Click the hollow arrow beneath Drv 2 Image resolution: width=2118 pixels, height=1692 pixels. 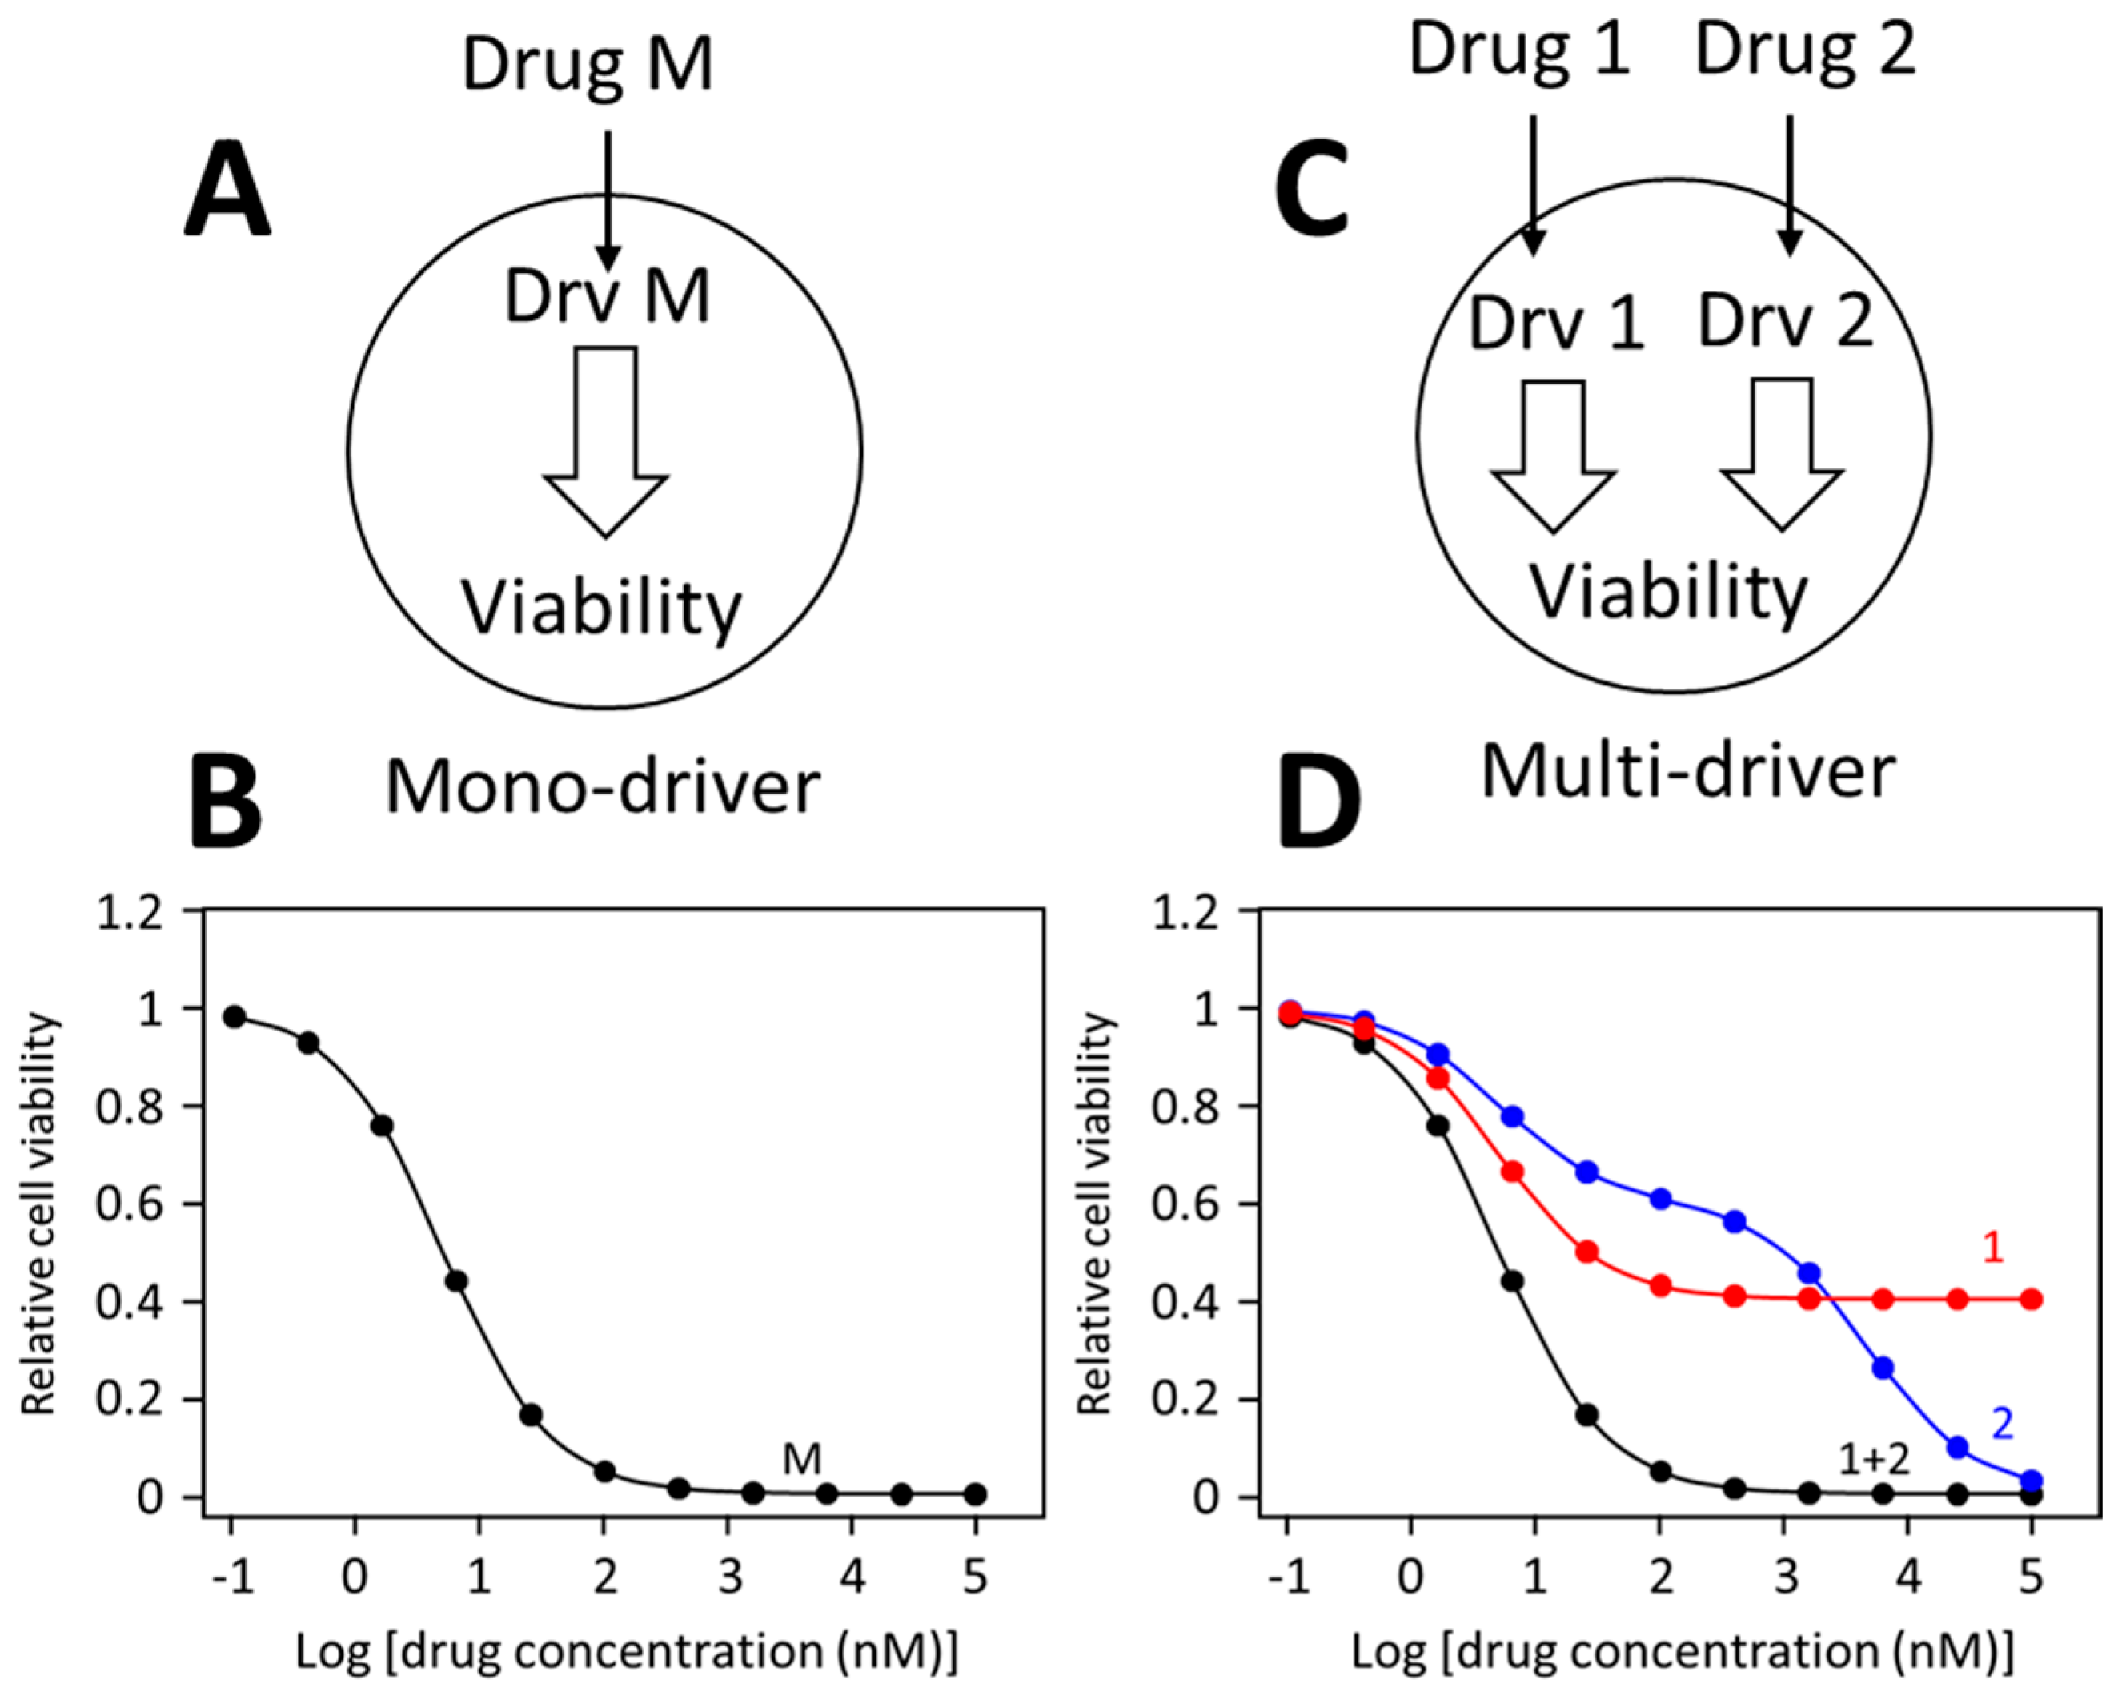[x=1782, y=454]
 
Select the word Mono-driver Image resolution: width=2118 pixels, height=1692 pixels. [x=602, y=788]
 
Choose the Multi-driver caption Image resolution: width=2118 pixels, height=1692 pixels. [x=1687, y=772]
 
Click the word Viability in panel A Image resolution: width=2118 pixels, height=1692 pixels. [x=602, y=610]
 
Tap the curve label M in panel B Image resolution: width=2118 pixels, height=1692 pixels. [x=801, y=1460]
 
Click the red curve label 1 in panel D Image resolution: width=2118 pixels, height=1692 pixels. [x=1992, y=1248]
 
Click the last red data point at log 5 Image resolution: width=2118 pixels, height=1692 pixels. [x=2032, y=1299]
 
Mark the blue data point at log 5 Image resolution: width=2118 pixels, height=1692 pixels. [x=2032, y=1480]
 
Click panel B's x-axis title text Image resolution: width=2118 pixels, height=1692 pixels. [x=626, y=1653]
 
